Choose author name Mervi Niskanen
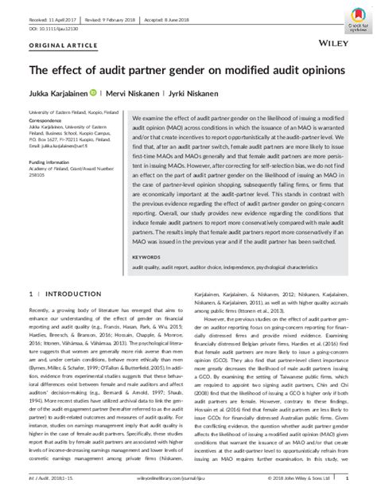tap(134, 93)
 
